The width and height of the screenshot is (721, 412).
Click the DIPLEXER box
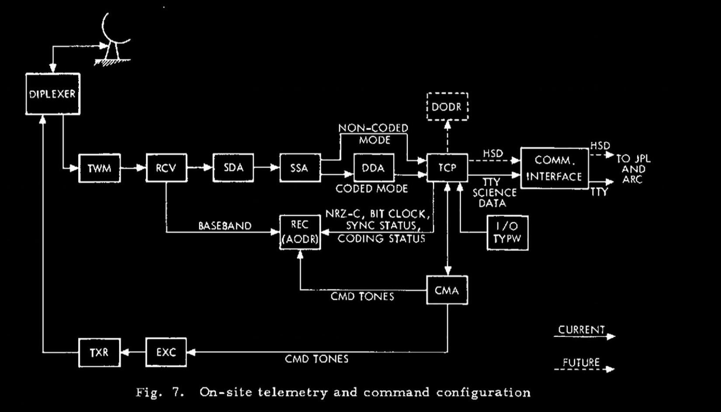tap(53, 94)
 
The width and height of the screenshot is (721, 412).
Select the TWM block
tap(100, 168)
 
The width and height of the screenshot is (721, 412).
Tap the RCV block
tap(166, 168)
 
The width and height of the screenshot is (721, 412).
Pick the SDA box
tap(233, 168)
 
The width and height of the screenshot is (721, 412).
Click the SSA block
tap(300, 168)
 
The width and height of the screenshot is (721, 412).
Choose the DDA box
tap(374, 168)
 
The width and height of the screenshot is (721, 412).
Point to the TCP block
tap(447, 168)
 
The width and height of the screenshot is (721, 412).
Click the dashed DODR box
tap(447, 107)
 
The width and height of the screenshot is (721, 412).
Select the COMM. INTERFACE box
tap(555, 168)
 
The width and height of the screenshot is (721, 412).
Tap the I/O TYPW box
tap(507, 233)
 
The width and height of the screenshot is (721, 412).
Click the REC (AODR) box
tap(300, 232)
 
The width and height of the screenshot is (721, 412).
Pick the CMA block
tap(447, 290)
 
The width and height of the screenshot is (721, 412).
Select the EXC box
tap(166, 352)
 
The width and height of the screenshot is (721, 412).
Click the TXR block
tap(100, 352)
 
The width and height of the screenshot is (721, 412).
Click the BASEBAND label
tap(225, 226)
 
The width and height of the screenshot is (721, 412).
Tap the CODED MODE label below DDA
tap(372, 189)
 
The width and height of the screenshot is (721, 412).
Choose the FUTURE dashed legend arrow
tap(584, 369)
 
